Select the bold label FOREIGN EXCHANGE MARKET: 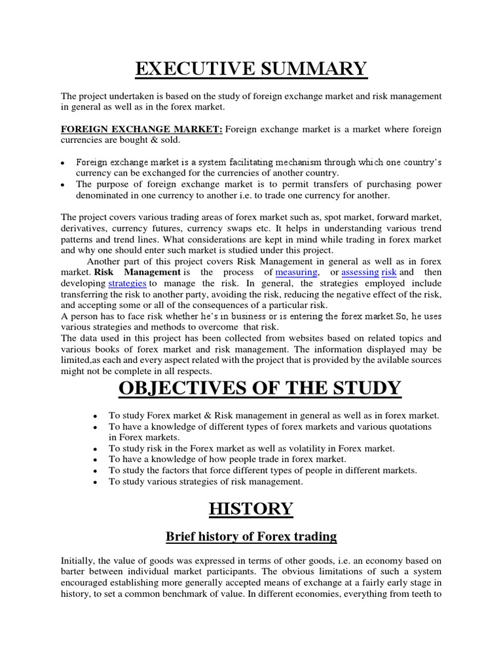point(142,129)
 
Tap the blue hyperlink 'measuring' point(297,271)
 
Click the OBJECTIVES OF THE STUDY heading point(259,388)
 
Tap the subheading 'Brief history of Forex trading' point(251,537)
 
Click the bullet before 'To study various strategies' point(96,482)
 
